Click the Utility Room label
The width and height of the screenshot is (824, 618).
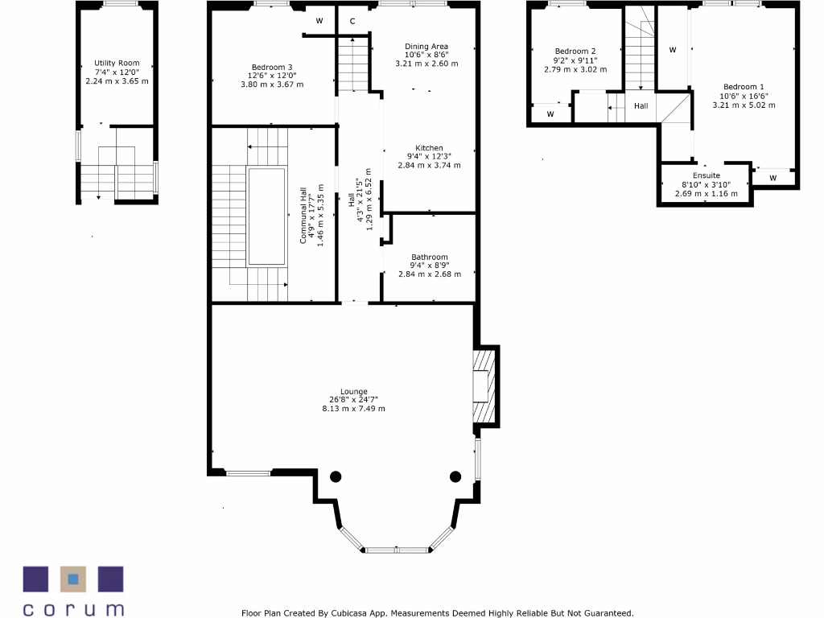click(x=117, y=63)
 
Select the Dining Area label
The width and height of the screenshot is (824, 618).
click(x=426, y=47)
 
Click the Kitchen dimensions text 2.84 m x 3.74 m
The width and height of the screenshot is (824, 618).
click(x=429, y=165)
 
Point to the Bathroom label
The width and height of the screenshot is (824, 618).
click(x=429, y=257)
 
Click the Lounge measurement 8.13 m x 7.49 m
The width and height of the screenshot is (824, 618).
click(x=353, y=409)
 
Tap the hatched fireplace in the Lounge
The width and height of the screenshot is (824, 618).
click(x=485, y=387)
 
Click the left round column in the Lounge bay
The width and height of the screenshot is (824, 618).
click(x=336, y=476)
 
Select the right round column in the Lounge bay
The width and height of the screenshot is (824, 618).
click(x=455, y=476)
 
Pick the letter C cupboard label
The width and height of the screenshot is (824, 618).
click(x=352, y=21)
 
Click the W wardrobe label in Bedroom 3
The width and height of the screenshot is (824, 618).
click(x=319, y=21)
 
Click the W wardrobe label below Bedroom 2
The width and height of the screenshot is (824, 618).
click(x=550, y=114)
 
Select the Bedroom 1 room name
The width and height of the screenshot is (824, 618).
click(x=744, y=87)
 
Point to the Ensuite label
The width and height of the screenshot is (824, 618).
click(x=706, y=175)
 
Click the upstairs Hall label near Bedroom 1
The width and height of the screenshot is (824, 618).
click(x=641, y=106)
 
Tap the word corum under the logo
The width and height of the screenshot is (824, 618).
click(x=73, y=608)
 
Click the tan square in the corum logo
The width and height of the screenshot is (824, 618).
click(x=73, y=579)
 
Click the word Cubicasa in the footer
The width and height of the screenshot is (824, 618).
click(x=356, y=613)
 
